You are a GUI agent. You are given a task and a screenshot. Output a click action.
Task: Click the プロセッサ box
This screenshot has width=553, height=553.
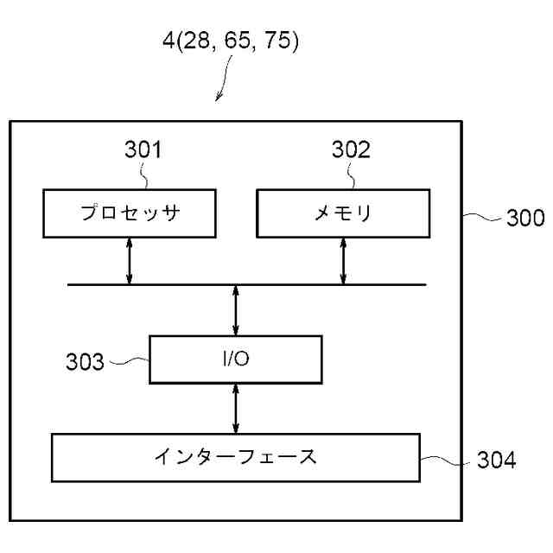[x=130, y=213]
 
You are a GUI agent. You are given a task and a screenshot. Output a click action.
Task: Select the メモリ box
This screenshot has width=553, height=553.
[x=343, y=213]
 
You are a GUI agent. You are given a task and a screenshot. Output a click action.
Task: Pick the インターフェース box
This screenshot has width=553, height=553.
[x=235, y=457]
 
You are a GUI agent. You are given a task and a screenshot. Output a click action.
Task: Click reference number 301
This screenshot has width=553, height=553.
[x=141, y=150]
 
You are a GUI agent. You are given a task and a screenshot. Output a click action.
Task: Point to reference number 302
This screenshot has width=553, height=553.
[x=351, y=150]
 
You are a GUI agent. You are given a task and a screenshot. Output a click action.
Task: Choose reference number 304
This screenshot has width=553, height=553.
[x=496, y=461]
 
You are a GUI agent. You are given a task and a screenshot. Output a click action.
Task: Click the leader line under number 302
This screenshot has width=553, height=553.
[x=354, y=176]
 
